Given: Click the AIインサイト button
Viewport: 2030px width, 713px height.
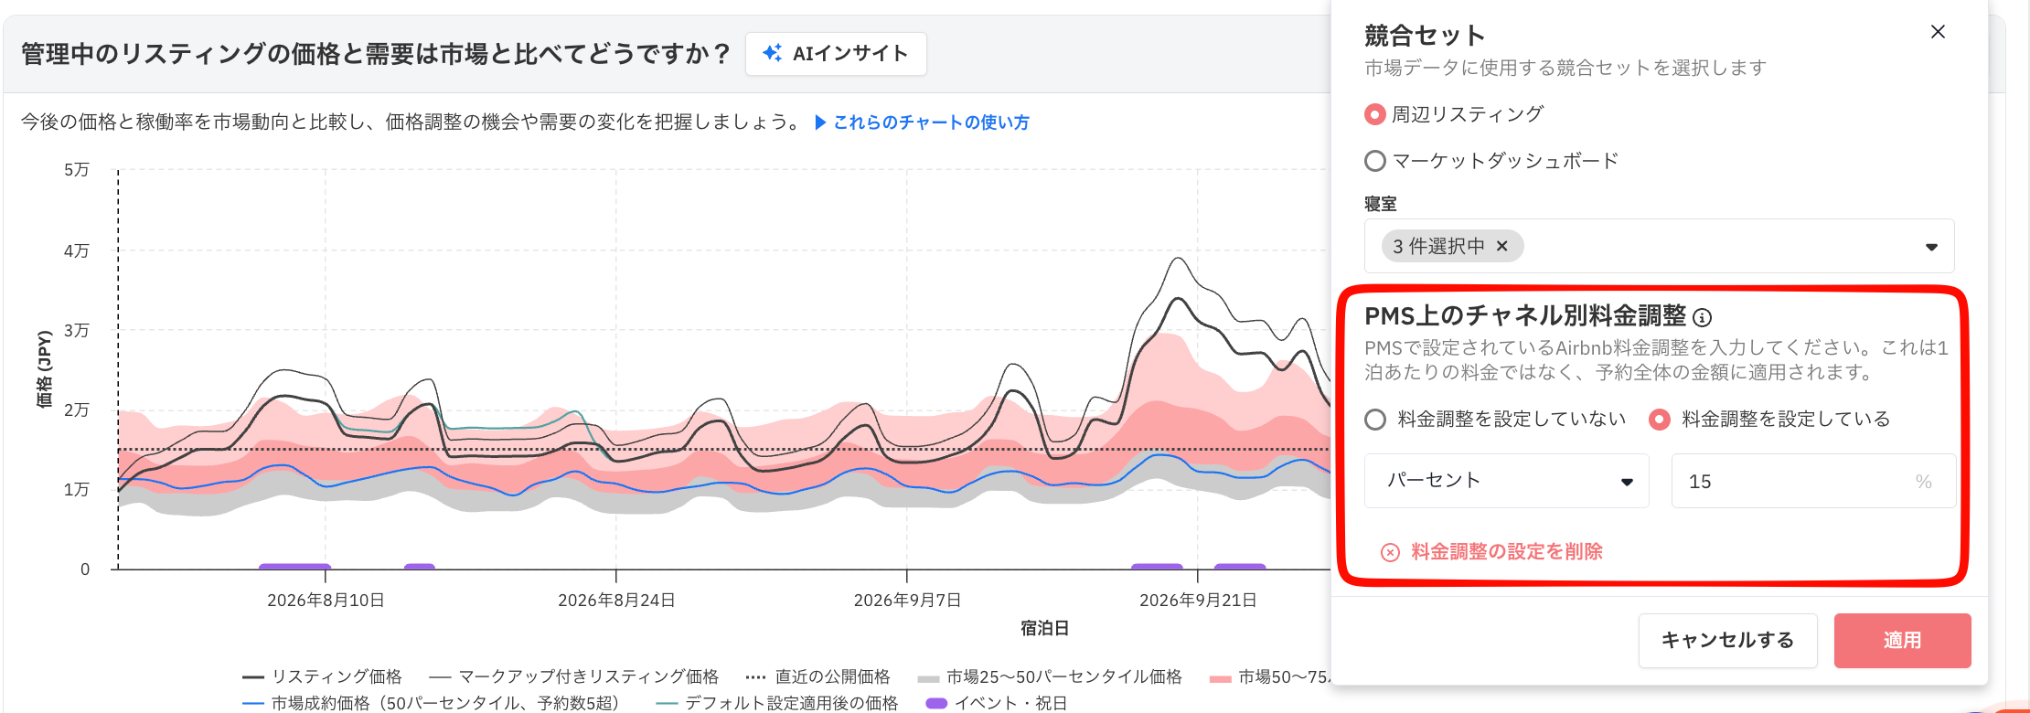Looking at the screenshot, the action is (x=836, y=54).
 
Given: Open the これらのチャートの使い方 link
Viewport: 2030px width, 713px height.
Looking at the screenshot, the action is (x=922, y=122).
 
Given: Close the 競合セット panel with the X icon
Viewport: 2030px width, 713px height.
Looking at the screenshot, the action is (x=1938, y=32).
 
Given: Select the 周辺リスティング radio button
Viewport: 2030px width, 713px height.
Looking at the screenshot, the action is (x=1374, y=115).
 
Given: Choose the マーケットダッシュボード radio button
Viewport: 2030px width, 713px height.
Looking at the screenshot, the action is (x=1374, y=162).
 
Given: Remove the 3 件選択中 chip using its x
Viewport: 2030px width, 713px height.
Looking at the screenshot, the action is (x=1501, y=246).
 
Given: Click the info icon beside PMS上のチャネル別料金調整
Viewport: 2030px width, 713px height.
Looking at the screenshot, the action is (x=1702, y=317).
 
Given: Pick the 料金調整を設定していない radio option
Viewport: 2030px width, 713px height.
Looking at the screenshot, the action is (x=1375, y=420).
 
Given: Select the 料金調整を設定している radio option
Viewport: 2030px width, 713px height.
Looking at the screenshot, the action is (x=1659, y=420).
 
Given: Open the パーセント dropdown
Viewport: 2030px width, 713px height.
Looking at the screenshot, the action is (x=1507, y=481).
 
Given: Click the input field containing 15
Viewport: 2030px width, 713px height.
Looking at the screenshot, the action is (x=1813, y=481).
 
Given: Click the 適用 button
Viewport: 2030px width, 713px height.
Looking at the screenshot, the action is (x=1902, y=641).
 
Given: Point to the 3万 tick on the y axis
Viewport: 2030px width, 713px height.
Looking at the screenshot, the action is (x=77, y=331).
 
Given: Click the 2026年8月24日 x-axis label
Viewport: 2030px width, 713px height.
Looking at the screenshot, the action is (x=616, y=601).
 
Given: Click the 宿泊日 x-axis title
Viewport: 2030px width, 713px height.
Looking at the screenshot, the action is (x=1044, y=629).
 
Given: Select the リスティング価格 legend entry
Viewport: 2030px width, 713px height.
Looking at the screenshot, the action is (x=322, y=677).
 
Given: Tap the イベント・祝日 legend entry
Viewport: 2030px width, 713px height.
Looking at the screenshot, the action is (x=997, y=703).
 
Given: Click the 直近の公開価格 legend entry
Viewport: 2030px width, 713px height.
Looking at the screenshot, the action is (x=817, y=677).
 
